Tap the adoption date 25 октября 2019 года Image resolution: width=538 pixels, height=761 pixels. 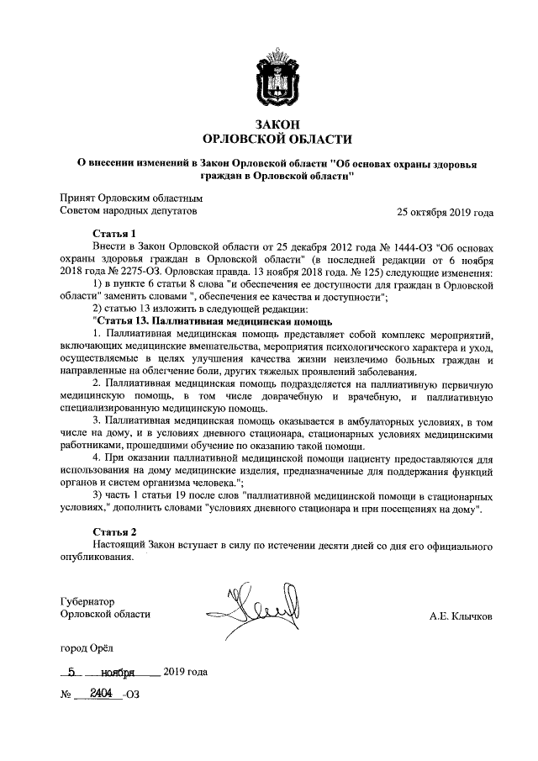tap(445, 213)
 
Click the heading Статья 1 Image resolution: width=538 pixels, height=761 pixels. tap(113, 233)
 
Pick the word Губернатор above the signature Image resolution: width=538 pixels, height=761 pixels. tap(87, 600)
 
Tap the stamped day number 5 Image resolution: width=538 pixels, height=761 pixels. tap(74, 672)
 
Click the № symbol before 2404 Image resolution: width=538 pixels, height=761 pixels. tap(65, 695)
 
